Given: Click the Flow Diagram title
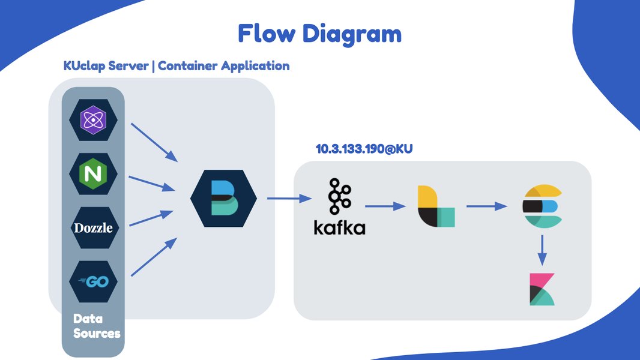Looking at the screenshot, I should (x=319, y=34).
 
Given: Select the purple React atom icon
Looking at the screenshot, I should (x=92, y=120).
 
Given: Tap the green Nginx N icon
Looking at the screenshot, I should (x=92, y=174).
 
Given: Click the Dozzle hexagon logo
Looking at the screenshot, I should (x=92, y=228).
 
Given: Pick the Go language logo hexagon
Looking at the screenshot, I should (x=92, y=281).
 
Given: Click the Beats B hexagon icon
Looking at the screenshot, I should (x=223, y=198).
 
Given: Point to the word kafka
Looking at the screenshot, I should (x=339, y=227).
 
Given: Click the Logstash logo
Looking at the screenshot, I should (x=436, y=206).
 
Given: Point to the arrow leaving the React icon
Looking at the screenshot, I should (x=154, y=142).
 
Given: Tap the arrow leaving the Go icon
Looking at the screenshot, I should (x=154, y=257).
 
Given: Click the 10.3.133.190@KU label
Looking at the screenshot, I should (x=364, y=149).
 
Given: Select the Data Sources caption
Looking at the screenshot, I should (x=97, y=325).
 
